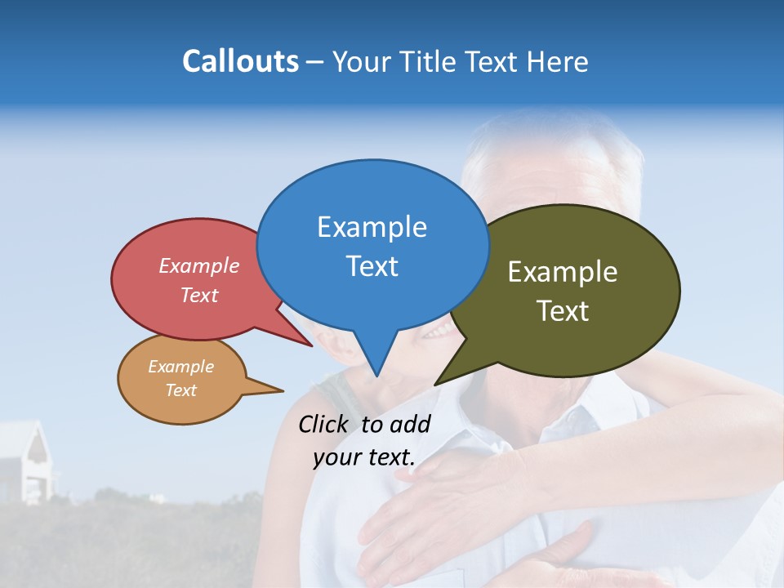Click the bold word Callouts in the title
(240, 61)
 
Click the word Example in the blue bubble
(372, 227)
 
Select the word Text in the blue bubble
(372, 266)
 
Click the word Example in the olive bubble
(563, 272)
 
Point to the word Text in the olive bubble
(563, 311)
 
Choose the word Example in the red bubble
(199, 266)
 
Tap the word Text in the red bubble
(199, 296)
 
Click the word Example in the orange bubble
(181, 367)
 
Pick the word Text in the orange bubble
(181, 390)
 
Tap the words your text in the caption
(364, 457)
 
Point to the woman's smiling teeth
(438, 330)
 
